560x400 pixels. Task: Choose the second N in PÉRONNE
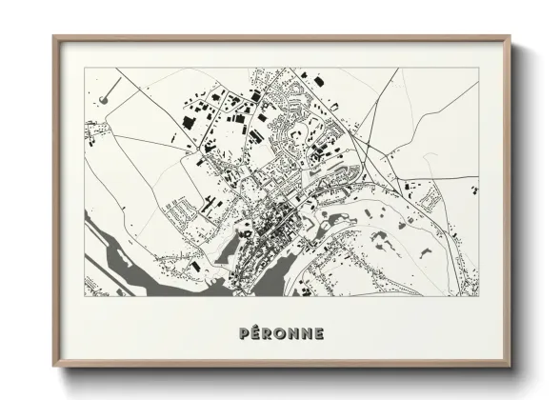point(307,333)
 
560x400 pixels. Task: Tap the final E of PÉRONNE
point(320,333)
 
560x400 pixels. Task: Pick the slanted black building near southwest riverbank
point(200,270)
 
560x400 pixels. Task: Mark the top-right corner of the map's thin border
point(476,69)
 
